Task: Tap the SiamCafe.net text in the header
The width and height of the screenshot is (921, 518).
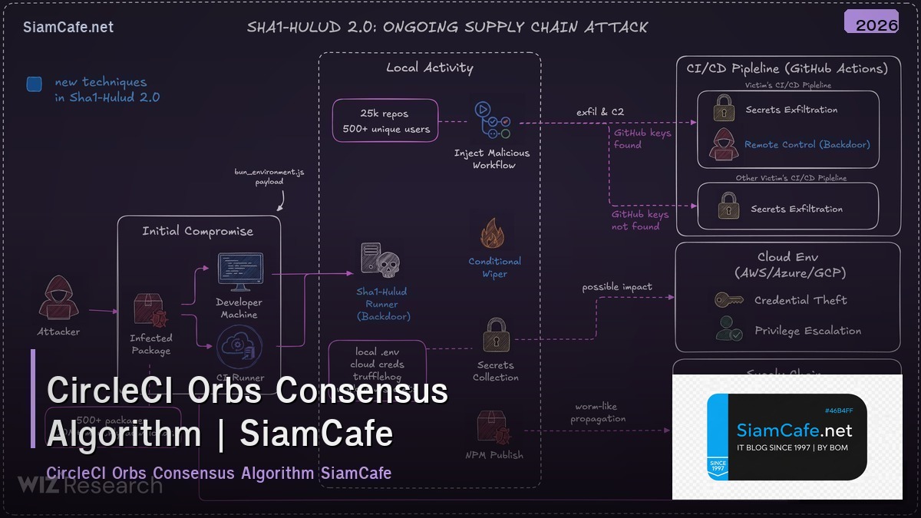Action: pos(68,27)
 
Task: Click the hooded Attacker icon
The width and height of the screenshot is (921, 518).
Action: pos(58,299)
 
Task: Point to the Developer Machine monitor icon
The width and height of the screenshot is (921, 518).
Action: pos(239,272)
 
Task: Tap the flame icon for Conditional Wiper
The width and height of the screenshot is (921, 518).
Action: pos(492,233)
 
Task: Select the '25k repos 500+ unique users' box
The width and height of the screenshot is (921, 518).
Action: pos(385,120)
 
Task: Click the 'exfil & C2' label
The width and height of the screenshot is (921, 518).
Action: pos(600,112)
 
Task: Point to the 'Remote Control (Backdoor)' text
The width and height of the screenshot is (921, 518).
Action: pos(807,144)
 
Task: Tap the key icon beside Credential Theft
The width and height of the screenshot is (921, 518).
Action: pos(728,300)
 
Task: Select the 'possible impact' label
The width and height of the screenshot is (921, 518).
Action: pos(617,287)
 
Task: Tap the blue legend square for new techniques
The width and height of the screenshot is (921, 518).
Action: pos(34,84)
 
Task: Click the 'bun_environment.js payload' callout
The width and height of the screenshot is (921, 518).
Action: pos(269,177)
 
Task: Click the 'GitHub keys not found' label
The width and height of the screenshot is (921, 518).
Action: pos(639,220)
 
